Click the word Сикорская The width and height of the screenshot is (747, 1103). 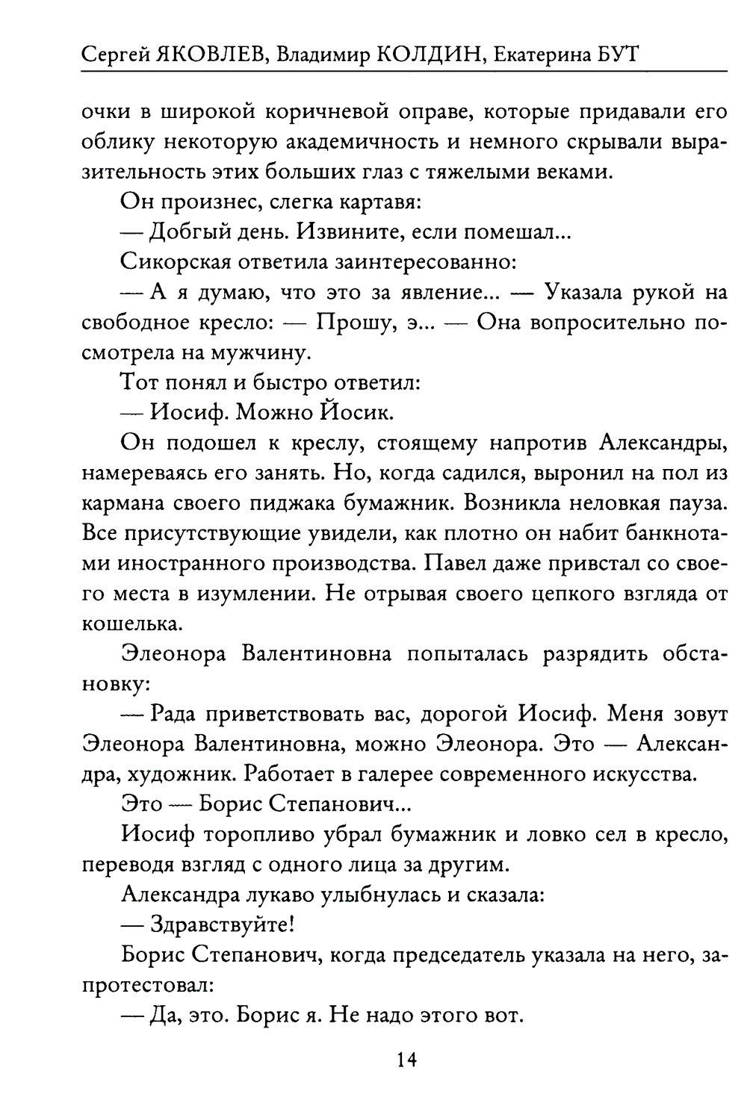click(x=173, y=262)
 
